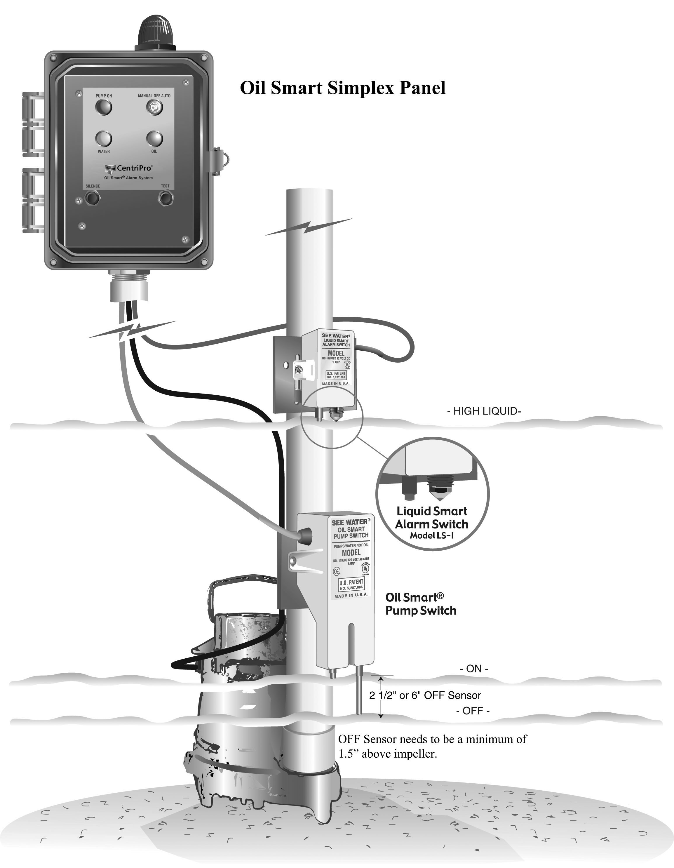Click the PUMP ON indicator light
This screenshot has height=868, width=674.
(x=104, y=107)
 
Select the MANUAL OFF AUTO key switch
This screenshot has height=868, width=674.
(x=154, y=107)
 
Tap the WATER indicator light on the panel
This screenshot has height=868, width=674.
(x=104, y=139)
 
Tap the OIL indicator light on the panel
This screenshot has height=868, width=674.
(x=154, y=139)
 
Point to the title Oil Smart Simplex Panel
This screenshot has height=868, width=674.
(x=343, y=88)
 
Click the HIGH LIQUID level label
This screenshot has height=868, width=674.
(x=484, y=411)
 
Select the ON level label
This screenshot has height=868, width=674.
(x=474, y=669)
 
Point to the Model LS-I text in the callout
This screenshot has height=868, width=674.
(x=432, y=535)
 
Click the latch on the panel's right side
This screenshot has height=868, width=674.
(x=219, y=161)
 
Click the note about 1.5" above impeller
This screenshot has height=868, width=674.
(x=432, y=746)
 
